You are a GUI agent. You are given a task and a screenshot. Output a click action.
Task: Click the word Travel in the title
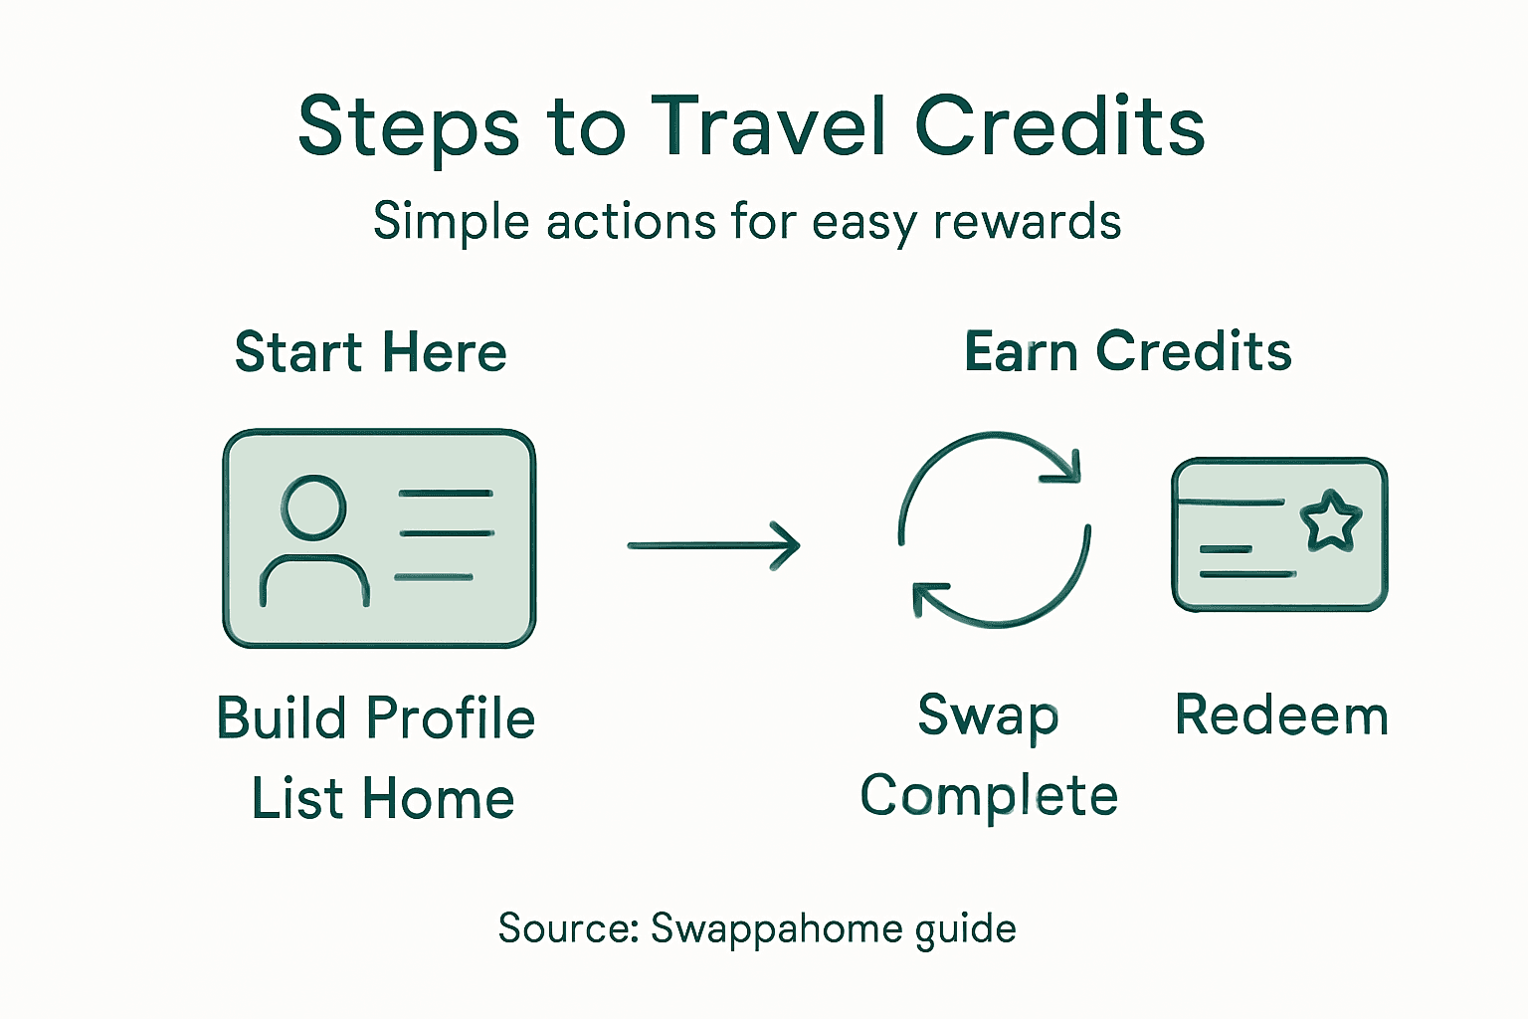pos(769,126)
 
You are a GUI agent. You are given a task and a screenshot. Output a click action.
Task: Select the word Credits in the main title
pos(1059,126)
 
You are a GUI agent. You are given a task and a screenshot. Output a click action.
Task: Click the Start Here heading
pos(371,352)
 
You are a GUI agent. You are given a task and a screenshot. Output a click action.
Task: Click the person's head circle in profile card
pos(313,507)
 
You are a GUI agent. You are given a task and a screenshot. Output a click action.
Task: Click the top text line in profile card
pos(445,494)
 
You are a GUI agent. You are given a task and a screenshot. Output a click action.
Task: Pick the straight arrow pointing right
pos(713,545)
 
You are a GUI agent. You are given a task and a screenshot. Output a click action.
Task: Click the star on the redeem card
pos(1330,520)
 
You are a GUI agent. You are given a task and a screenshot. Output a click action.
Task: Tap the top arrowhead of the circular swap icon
pos(1062,466)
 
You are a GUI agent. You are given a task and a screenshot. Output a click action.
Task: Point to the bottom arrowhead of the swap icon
pos(930,599)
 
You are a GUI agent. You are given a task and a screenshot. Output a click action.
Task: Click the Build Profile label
pos(376,718)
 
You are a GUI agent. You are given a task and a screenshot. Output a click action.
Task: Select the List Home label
pos(383,798)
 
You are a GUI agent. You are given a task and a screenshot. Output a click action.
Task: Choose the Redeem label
pos(1281,715)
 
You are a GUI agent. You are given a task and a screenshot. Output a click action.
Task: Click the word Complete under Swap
pos(989,796)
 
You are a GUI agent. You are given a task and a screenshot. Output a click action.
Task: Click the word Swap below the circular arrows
pos(988,716)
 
